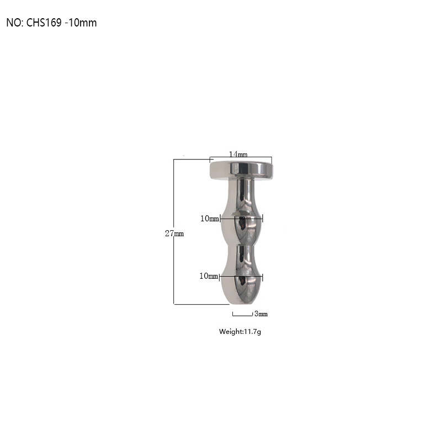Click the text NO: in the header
14,23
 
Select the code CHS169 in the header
44,23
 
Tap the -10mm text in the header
81,23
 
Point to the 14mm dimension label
238,154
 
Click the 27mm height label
174,233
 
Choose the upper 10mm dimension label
210,219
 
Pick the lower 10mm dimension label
209,276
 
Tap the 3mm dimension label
261,314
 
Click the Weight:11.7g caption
240,332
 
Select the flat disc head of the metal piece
241,170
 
